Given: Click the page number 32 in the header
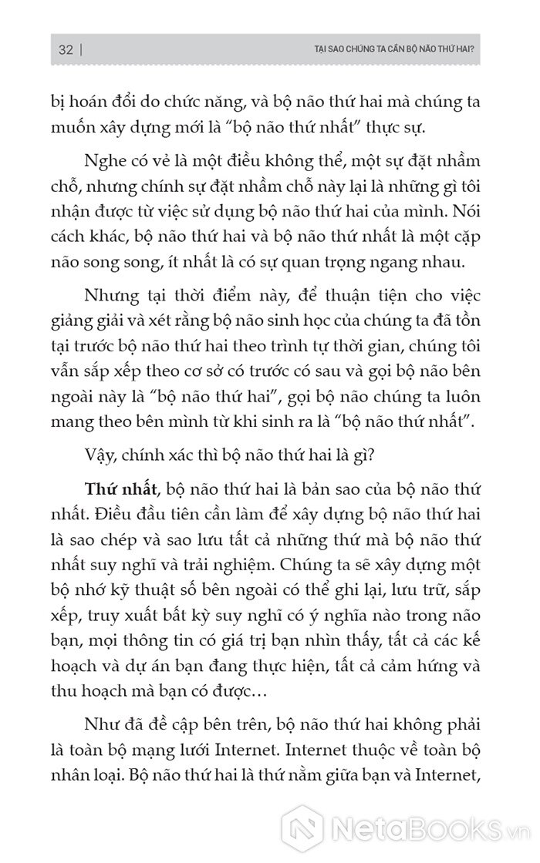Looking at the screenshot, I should [x=65, y=50].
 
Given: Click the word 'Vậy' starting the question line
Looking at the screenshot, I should [x=102, y=454].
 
